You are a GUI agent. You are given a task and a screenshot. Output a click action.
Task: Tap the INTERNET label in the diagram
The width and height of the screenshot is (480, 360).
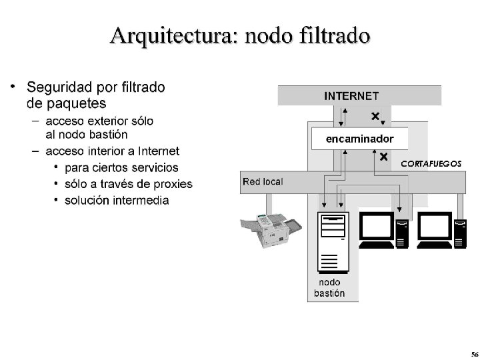pyautogui.click(x=351, y=96)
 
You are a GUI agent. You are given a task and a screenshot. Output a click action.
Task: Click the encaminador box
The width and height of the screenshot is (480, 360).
pyautogui.click(x=359, y=139)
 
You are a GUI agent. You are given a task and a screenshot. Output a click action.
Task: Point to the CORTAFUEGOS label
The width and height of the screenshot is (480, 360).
pyautogui.click(x=431, y=163)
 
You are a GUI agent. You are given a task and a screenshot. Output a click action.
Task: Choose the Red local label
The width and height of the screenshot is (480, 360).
pyautogui.click(x=263, y=181)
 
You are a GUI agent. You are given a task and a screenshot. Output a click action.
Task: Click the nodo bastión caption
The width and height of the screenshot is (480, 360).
pyautogui.click(x=329, y=288)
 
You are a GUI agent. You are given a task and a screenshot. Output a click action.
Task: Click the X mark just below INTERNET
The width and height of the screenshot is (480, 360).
pyautogui.click(x=375, y=117)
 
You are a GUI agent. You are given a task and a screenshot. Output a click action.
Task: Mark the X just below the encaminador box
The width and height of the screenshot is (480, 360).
pyautogui.click(x=384, y=157)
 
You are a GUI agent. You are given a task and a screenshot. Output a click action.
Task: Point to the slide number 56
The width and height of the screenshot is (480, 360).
pyautogui.click(x=473, y=353)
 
